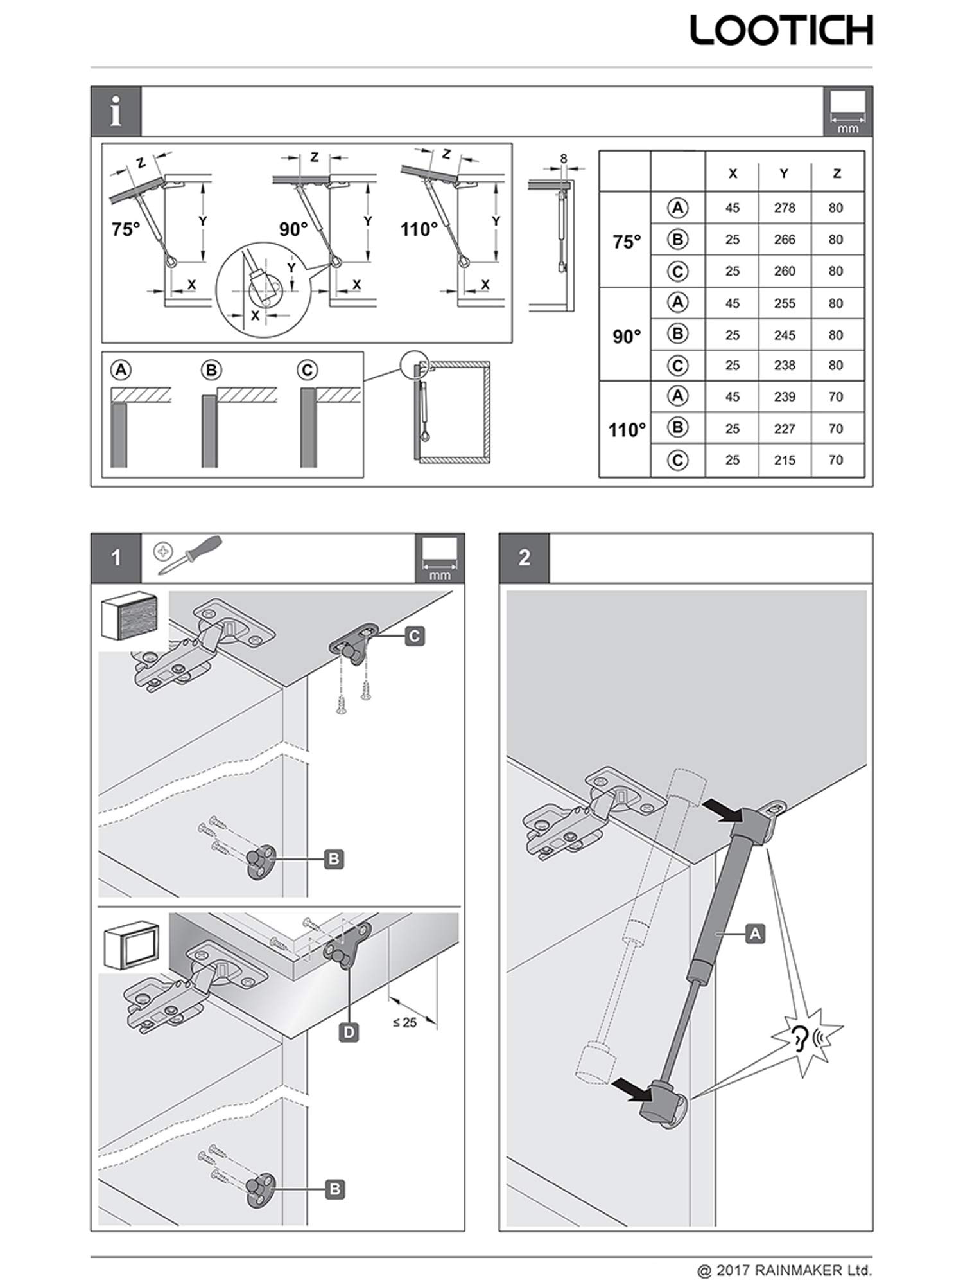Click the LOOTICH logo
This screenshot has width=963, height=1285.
click(781, 31)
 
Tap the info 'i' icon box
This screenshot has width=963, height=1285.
click(116, 111)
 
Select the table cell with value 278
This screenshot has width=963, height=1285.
click(785, 208)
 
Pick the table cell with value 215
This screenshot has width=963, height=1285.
click(785, 460)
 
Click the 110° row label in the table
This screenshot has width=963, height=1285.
click(626, 429)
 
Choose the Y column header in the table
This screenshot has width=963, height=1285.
click(784, 173)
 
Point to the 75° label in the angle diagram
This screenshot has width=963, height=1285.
click(126, 229)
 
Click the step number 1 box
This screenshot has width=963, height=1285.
click(116, 558)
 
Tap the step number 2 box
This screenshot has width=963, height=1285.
click(524, 558)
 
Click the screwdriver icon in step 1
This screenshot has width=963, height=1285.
click(191, 554)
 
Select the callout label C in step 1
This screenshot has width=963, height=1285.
click(415, 636)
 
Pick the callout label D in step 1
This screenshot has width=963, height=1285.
click(349, 1032)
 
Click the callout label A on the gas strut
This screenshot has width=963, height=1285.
click(755, 933)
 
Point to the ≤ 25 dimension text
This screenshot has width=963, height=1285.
click(404, 1022)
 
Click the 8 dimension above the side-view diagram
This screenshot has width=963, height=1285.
click(563, 158)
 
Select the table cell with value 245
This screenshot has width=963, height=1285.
click(785, 335)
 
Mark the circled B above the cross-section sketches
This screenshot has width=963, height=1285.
click(211, 371)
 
